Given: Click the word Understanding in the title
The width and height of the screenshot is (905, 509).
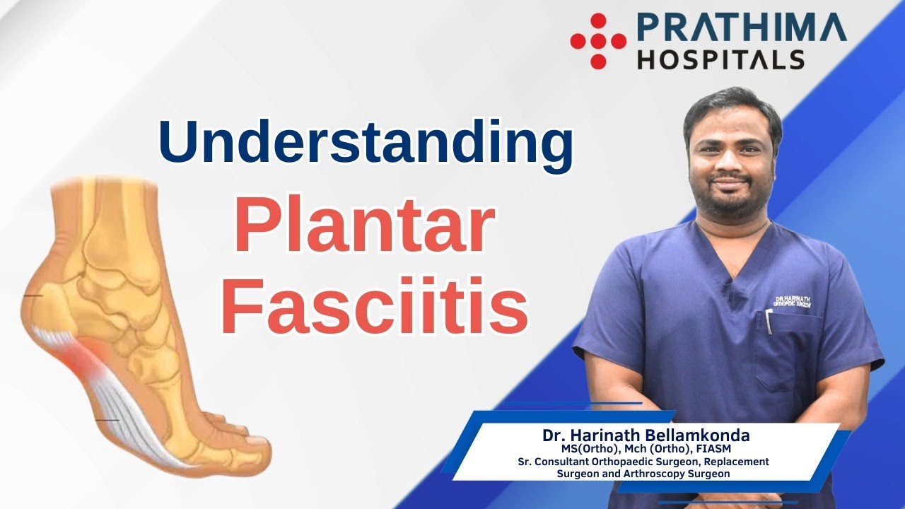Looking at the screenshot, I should (366, 141).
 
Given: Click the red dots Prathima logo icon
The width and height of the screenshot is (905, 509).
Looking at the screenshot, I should (598, 41).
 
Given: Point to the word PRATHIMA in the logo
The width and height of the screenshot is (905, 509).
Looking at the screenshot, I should (741, 28).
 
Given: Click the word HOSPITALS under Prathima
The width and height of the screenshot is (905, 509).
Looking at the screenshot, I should (720, 59).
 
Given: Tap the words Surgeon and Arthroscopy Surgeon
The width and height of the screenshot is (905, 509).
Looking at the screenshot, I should (643, 474).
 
